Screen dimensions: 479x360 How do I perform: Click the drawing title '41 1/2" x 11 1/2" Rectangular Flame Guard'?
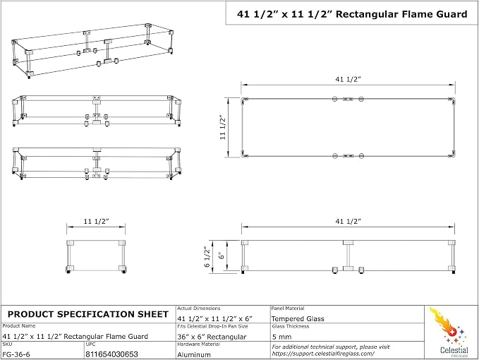(352, 14)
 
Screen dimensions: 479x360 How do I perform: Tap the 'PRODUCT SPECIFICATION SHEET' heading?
(88, 314)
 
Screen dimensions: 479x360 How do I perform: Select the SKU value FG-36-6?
(16, 354)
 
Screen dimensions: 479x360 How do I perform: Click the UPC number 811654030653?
(111, 354)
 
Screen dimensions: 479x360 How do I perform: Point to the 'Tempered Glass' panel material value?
(298, 319)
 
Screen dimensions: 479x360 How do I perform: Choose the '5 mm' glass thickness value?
(281, 337)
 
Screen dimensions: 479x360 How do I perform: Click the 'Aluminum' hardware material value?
(194, 355)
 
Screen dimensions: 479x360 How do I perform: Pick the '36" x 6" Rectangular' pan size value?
(212, 337)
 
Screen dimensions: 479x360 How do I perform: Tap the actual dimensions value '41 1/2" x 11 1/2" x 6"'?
(214, 319)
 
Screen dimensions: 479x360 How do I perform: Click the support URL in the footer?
(323, 354)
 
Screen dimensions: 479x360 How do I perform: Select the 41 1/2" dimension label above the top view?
(348, 79)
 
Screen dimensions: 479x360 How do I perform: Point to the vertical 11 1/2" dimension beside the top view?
(223, 127)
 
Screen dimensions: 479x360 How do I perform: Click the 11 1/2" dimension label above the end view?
(96, 221)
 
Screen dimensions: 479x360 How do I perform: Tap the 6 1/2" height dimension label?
(207, 257)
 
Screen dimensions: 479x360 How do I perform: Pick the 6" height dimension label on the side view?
(222, 256)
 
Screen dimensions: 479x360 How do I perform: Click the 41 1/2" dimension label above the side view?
(348, 221)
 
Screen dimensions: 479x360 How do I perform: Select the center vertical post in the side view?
(348, 256)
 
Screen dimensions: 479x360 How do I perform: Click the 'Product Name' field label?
(19, 326)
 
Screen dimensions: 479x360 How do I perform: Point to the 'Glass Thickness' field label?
(291, 326)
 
